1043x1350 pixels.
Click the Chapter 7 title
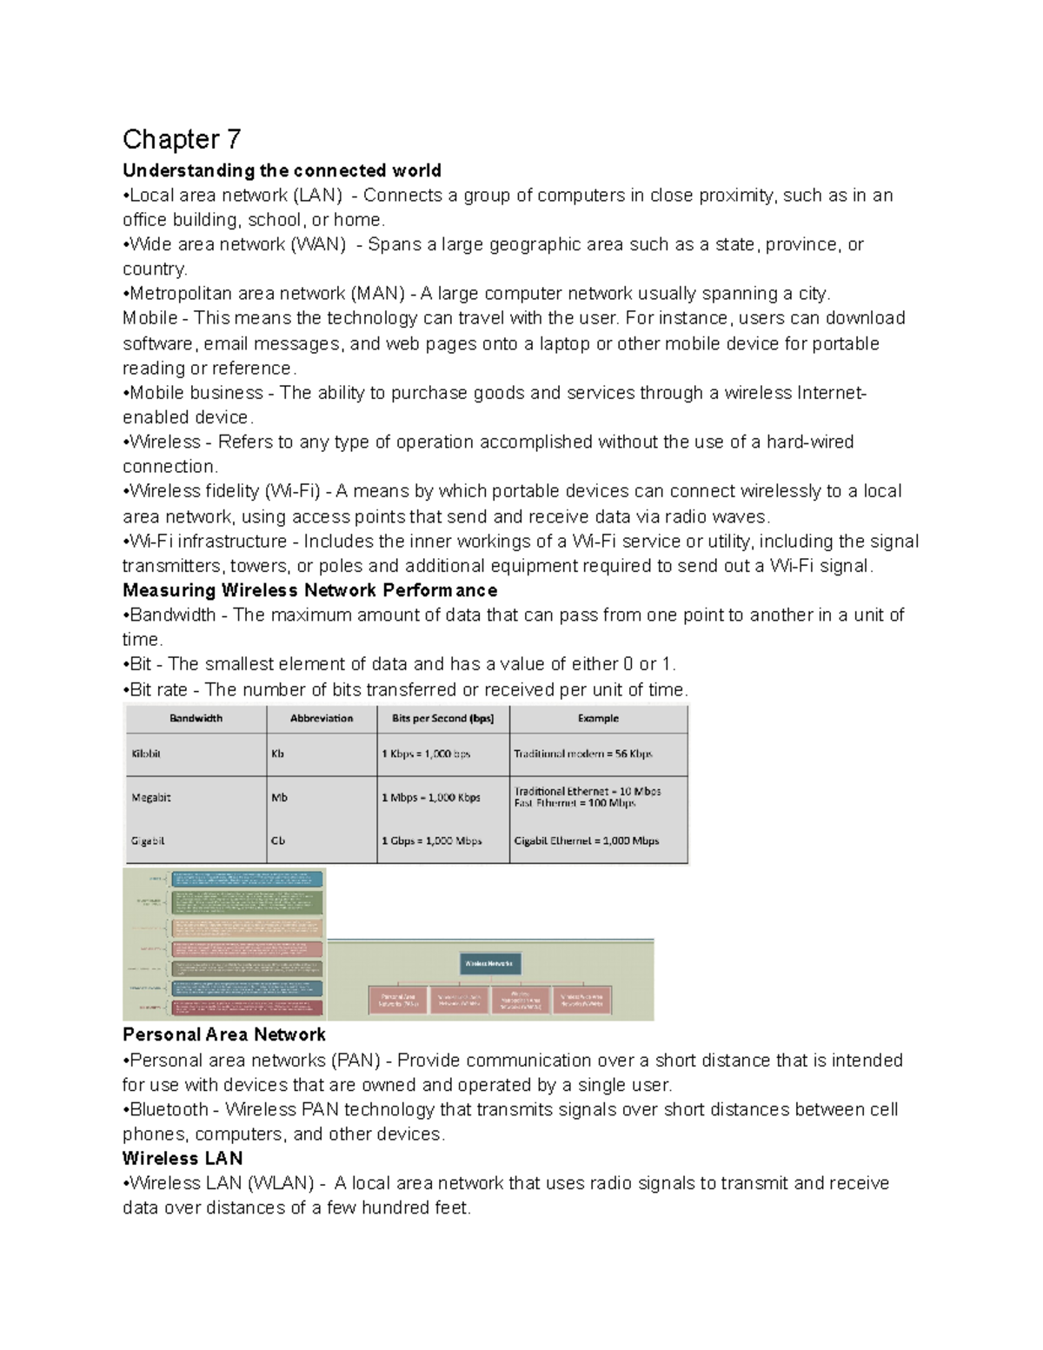182,139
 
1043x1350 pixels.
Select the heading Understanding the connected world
282,170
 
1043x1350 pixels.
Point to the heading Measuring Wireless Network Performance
309,591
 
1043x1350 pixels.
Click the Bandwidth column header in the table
196,719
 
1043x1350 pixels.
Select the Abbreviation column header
322,719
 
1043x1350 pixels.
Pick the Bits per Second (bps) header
442,719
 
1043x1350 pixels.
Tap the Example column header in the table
598,719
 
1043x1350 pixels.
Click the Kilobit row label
146,755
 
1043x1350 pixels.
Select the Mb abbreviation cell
279,798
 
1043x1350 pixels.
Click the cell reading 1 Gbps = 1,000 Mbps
431,841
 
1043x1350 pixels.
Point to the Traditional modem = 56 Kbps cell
582,755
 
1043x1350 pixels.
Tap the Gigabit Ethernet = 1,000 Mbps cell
586,841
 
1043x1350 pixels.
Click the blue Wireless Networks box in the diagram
489,963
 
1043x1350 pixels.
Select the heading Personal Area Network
223,1035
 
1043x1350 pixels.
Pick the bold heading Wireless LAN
183,1159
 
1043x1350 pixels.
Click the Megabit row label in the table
150,798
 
